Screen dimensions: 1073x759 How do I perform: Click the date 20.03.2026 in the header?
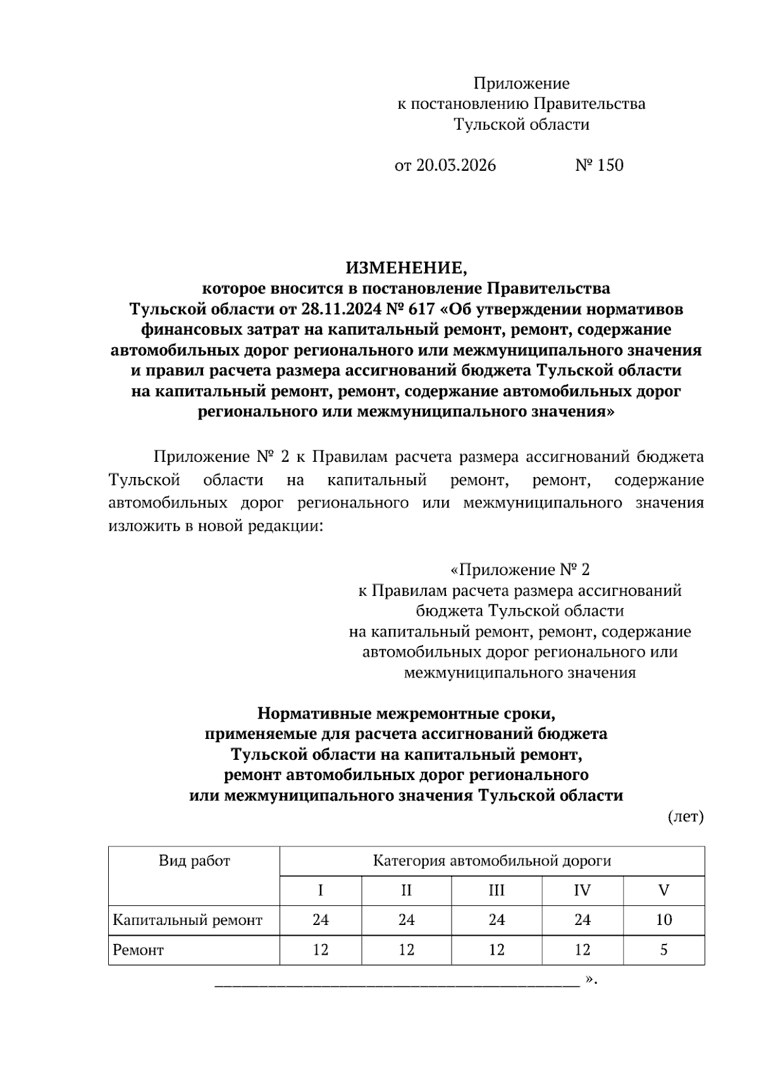coord(455,165)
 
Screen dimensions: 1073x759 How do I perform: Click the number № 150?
coord(599,165)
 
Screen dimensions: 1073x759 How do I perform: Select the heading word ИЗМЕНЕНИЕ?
coord(405,268)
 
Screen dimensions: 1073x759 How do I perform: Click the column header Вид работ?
coord(194,860)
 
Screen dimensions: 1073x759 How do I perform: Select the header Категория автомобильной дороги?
coord(492,860)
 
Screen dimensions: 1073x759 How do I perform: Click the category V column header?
coord(663,890)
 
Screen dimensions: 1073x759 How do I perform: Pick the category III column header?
coord(497,890)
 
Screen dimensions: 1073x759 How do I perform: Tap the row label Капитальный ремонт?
coord(187,919)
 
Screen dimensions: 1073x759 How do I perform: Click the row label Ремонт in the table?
coord(138,950)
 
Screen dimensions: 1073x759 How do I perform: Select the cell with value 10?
coord(663,919)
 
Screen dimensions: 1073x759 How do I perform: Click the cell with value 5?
coord(663,950)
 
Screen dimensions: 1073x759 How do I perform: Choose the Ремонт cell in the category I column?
coord(321,950)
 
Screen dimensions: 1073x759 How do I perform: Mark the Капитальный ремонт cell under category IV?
coord(582,919)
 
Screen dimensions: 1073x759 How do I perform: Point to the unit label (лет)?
coord(686,817)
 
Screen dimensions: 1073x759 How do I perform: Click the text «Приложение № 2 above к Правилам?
coord(519,570)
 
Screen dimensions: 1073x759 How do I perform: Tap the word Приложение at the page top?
coord(521,83)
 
